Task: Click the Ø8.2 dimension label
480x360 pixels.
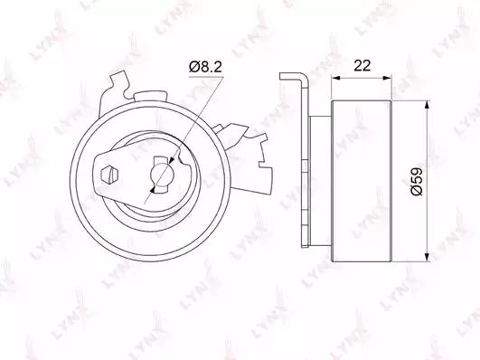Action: (x=205, y=67)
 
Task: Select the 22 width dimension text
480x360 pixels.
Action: (x=362, y=65)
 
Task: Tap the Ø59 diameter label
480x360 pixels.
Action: (x=417, y=181)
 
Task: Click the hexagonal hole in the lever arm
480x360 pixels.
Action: (x=109, y=175)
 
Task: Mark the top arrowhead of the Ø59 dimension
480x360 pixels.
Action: (x=427, y=106)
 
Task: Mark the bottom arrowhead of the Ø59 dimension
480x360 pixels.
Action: (x=427, y=257)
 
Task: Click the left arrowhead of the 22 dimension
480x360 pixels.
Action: (x=336, y=78)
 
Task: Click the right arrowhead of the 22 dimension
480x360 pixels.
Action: (x=386, y=78)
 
